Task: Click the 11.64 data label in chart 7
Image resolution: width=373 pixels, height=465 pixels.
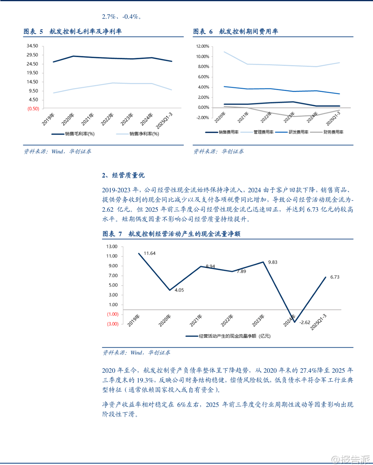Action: tap(149, 253)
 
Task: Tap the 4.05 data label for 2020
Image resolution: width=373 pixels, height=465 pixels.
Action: tap(179, 290)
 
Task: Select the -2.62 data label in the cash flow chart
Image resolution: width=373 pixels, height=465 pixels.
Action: tap(305, 322)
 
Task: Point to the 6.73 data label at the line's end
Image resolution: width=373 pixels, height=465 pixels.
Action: tap(335, 277)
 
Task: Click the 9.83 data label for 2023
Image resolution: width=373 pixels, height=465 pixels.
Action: tap(272, 262)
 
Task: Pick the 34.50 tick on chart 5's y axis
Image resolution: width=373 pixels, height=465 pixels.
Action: tap(32, 46)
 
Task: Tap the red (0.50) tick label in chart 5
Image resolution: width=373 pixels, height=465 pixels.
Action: tap(33, 109)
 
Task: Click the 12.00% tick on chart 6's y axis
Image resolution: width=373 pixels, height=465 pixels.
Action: tap(202, 46)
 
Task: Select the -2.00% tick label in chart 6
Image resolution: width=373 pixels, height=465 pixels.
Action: tap(202, 118)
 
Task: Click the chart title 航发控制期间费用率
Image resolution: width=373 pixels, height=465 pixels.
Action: tap(249, 32)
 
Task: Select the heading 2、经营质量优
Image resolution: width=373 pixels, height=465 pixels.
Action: tap(123, 175)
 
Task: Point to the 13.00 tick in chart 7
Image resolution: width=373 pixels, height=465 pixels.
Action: tap(112, 247)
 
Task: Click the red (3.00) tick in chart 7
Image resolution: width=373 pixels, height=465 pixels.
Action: tap(112, 324)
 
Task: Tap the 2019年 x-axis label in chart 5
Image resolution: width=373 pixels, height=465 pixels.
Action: tap(49, 119)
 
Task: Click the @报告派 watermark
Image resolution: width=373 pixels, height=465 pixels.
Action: tap(351, 459)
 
